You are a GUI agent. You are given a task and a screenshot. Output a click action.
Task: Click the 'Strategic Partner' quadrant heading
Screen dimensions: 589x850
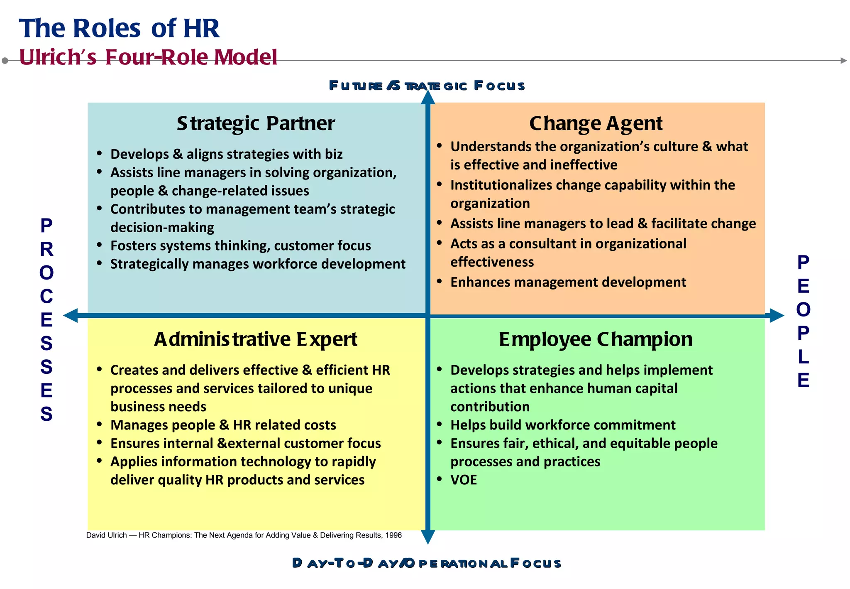[x=256, y=123]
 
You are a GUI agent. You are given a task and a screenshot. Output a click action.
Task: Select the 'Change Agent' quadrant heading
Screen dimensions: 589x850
[x=596, y=123]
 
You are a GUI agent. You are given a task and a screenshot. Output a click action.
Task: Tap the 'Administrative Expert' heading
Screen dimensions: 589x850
[x=256, y=339]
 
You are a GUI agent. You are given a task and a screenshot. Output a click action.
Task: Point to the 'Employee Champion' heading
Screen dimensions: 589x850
[x=596, y=339]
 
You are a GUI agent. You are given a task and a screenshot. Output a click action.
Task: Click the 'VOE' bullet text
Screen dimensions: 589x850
[x=464, y=480]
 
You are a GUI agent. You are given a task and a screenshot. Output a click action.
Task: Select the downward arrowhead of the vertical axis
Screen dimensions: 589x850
[x=428, y=537]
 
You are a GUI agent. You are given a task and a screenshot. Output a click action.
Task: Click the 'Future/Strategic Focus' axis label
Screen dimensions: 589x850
[x=427, y=86]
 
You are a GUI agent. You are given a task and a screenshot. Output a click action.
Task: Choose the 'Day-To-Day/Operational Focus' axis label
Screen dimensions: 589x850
[x=427, y=563]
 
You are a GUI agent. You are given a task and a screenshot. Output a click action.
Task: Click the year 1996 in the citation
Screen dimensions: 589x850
[x=393, y=535]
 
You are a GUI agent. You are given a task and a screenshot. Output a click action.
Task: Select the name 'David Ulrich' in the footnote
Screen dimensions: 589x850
[x=106, y=535]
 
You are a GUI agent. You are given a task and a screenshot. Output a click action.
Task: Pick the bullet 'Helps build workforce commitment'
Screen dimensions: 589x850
[x=563, y=425]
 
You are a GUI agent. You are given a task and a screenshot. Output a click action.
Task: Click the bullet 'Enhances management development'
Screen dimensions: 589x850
[x=568, y=282]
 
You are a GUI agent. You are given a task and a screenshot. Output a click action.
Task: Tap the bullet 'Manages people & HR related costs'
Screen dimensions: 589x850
[x=223, y=425]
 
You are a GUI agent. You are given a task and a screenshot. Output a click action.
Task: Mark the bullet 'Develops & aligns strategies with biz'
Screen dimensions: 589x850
[x=227, y=154]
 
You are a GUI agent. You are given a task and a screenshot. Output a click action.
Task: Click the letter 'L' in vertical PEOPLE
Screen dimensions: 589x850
[x=803, y=357]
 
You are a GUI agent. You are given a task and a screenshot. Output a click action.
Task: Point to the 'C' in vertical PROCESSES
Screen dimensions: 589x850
[x=46, y=297]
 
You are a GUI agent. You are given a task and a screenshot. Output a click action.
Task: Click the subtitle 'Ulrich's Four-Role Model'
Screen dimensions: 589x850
[x=148, y=57]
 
